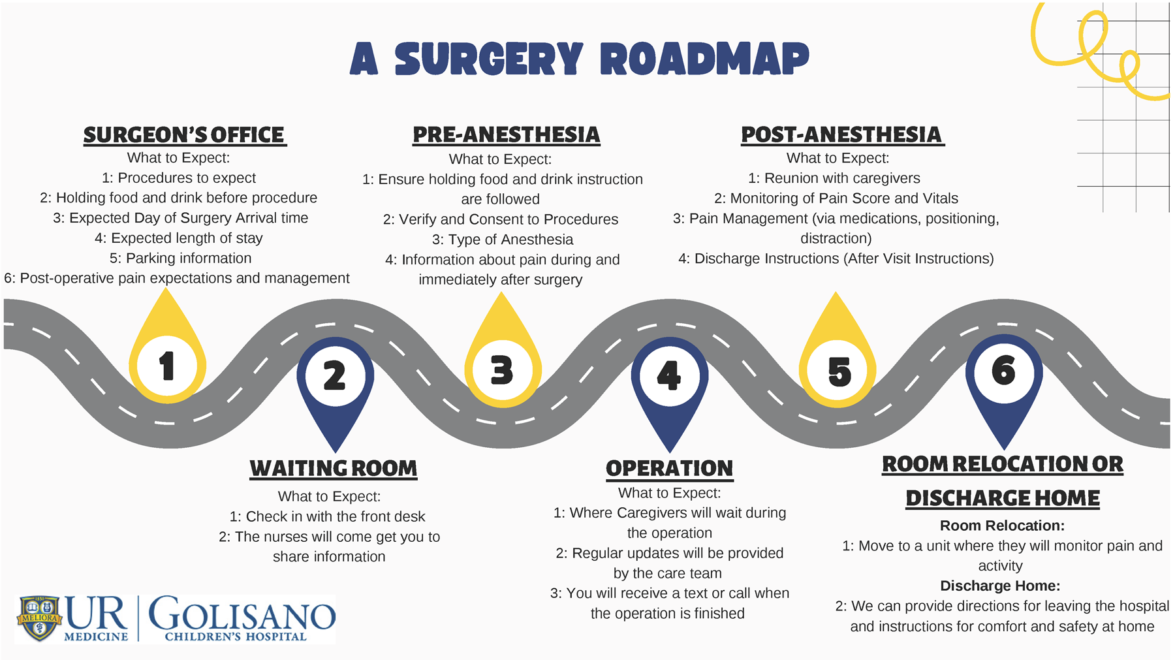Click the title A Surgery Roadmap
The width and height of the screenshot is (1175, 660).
click(579, 59)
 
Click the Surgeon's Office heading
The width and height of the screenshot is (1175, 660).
click(184, 134)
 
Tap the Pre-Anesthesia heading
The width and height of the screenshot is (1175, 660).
click(506, 134)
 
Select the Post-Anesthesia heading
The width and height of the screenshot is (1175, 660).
click(841, 134)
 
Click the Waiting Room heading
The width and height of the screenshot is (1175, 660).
click(333, 468)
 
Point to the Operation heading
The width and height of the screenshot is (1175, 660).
click(669, 468)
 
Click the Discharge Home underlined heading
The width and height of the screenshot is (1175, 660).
click(1002, 498)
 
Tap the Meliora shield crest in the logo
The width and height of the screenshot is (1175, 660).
click(39, 618)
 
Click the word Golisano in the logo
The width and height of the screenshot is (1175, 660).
click(242, 614)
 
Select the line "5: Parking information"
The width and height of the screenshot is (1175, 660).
click(180, 258)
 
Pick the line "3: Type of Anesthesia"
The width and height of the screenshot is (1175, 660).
click(502, 240)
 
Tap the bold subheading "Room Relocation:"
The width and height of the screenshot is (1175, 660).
click(1001, 526)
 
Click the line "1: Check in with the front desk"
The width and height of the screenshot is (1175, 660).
click(327, 516)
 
